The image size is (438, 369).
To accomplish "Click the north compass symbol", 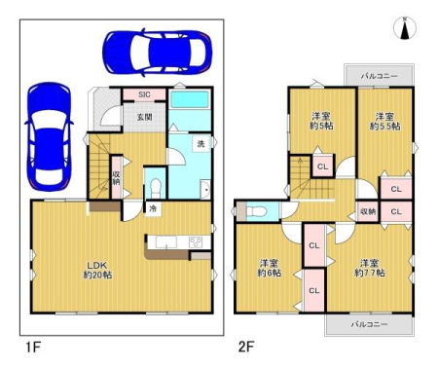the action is coord(405,28).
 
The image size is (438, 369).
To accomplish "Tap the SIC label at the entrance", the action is coord(144,94).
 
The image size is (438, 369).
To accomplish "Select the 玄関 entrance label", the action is coord(144,117).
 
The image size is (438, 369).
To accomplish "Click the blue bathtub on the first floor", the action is coord(190,99).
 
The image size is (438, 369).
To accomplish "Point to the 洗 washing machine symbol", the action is coord(201,143).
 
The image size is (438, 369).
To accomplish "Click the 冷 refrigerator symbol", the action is coord(153,208).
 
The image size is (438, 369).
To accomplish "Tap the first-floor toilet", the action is coord(156,188).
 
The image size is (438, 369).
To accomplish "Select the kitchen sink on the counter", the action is coord(166,242).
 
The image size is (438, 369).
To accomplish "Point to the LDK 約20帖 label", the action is coord(97,270).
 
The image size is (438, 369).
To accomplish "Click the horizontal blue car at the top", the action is coord(157,53).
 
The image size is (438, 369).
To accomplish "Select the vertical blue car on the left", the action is coord(49,136).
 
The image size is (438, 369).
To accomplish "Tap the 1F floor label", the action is coord(33,347).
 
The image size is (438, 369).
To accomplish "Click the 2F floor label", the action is coord(246,347).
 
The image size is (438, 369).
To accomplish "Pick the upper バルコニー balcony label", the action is coord(380,76).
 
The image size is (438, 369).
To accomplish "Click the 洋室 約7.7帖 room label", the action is coord(370,268).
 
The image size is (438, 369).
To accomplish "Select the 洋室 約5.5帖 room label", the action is coord(384,121).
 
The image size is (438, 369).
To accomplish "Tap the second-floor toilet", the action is coord(257,212).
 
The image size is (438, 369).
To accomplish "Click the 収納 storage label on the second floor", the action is coord(368,211).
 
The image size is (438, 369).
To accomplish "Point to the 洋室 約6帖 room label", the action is coord(270,268).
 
